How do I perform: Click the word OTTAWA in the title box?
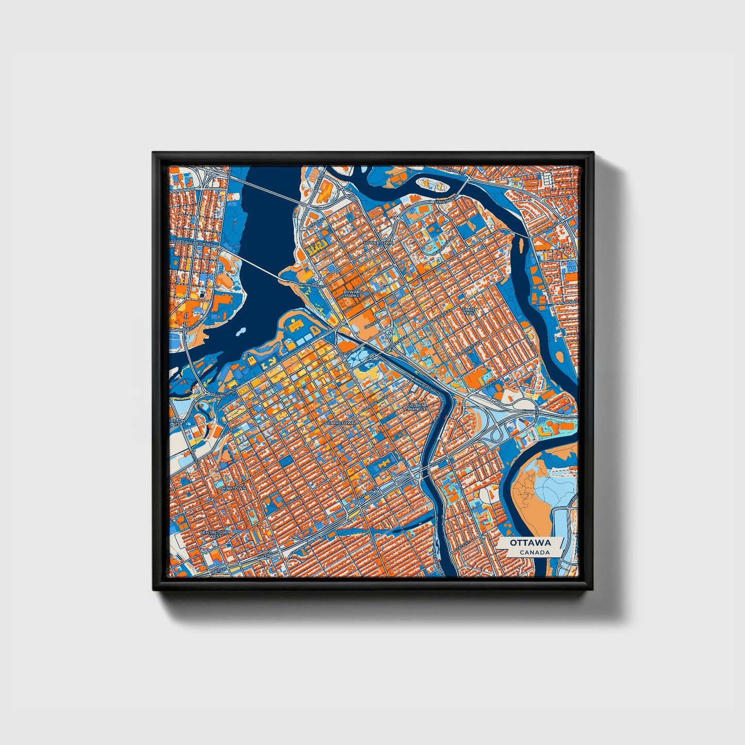click(x=531, y=543)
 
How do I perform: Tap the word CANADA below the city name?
click(x=534, y=552)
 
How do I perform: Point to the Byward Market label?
click(x=354, y=294)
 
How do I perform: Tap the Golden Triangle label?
click(x=416, y=407)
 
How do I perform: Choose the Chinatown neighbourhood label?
click(x=232, y=487)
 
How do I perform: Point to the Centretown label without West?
click(x=340, y=423)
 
